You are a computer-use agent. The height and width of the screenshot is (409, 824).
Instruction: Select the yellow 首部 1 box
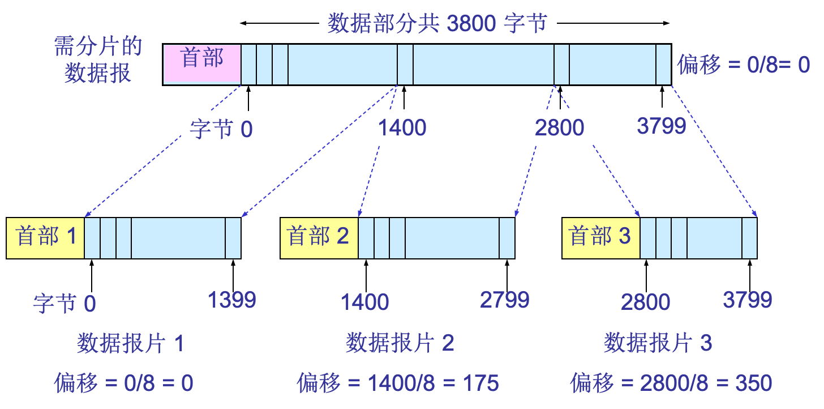[x=45, y=237]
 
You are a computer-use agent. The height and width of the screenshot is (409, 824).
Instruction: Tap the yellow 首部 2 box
[x=319, y=237]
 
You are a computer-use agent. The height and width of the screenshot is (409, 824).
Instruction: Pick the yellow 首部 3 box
[x=600, y=237]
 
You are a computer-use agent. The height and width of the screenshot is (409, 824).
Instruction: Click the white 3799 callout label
[x=662, y=126]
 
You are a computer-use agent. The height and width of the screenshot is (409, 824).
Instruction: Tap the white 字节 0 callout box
[x=221, y=130]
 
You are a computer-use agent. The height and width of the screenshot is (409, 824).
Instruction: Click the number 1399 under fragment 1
[x=232, y=300]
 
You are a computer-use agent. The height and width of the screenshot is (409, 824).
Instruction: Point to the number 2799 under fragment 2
[x=505, y=300]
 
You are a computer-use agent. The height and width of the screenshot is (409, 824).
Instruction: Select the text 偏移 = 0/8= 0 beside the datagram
[x=744, y=65]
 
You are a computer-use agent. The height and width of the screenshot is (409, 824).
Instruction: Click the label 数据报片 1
[x=131, y=343]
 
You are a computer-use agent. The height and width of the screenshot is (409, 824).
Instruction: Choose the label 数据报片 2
[x=400, y=343]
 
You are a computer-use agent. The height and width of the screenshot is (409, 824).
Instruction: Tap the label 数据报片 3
[x=658, y=343]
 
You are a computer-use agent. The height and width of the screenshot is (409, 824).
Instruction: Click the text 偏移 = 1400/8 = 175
[x=398, y=384]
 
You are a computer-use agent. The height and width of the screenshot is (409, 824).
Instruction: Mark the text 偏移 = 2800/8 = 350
[x=671, y=384]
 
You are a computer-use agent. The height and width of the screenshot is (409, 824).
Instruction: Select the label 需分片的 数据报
[x=98, y=60]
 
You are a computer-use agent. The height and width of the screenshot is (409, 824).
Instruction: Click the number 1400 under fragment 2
[x=365, y=303]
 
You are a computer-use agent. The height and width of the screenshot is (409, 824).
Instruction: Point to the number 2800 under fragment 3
[x=646, y=303]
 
